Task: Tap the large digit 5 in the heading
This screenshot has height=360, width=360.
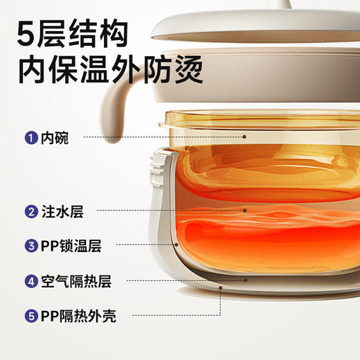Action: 29,30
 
